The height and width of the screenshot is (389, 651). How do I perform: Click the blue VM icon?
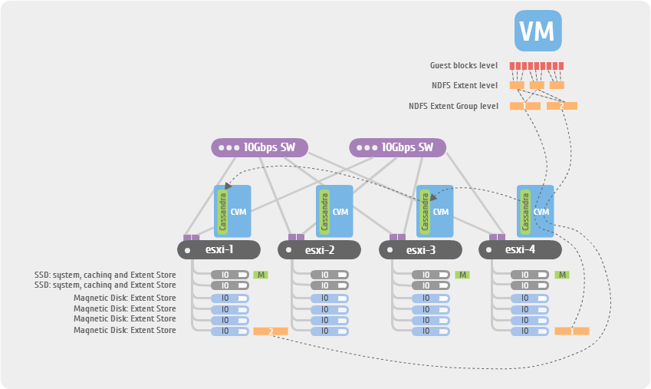coord(538,31)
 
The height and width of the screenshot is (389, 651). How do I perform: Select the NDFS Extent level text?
coord(465,85)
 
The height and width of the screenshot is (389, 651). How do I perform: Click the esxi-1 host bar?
coord(219,249)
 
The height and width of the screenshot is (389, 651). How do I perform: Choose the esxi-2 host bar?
coord(319,249)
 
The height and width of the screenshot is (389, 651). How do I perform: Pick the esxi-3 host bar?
coord(420,249)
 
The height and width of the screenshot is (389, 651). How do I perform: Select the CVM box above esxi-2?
coord(334,211)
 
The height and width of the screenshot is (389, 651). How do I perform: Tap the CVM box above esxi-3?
coord(435,211)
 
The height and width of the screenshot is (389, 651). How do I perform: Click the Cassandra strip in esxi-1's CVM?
coord(222,210)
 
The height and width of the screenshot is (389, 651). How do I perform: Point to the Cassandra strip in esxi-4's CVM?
coord(525,211)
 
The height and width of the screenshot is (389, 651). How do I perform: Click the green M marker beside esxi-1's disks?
coord(261,275)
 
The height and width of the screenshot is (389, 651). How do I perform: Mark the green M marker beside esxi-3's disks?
coord(462,275)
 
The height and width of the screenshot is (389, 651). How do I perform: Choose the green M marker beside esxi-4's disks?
coord(562,275)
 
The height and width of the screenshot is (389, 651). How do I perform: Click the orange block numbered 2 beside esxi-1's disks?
coord(270,331)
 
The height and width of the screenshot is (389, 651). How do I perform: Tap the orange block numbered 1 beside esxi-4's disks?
coord(571,331)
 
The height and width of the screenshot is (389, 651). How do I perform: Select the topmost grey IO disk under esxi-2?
coord(325,275)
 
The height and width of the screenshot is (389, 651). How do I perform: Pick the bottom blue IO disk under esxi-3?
coord(426,331)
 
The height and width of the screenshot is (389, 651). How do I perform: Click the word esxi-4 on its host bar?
coord(522,249)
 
